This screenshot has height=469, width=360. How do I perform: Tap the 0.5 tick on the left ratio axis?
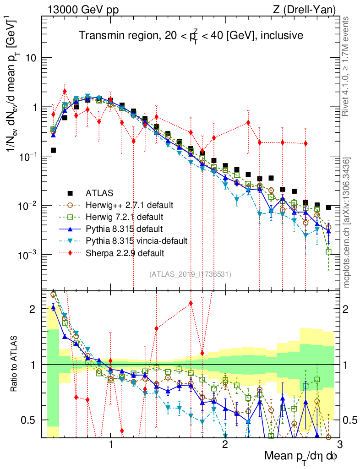pos(33,420)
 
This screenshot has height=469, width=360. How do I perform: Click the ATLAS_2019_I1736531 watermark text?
pos(190,274)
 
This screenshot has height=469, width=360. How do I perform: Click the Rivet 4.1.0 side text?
pos(348,71)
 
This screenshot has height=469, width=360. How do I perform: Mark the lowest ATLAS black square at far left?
pos(54,150)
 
